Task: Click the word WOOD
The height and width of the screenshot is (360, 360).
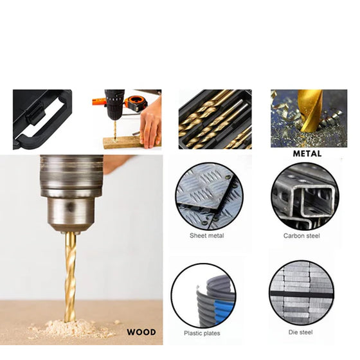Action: [x=141, y=332]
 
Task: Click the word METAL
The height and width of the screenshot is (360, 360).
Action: [x=307, y=154]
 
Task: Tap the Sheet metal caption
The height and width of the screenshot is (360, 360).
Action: [x=206, y=235]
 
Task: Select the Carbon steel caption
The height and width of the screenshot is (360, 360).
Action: [x=301, y=236]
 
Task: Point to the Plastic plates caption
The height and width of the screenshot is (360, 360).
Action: [x=202, y=333]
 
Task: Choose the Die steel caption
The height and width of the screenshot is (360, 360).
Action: [x=301, y=332]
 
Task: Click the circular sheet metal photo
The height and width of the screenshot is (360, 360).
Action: [x=209, y=196]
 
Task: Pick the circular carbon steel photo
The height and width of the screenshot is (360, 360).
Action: [x=305, y=196]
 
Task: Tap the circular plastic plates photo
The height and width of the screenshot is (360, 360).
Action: [x=203, y=296]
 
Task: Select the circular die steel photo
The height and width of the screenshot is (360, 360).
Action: [x=301, y=292]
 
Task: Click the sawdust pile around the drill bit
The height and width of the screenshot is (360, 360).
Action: [x=71, y=328]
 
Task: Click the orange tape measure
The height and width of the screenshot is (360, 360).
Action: [x=136, y=103]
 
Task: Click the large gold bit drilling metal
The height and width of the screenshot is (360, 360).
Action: [x=310, y=111]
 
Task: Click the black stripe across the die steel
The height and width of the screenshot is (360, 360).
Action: [x=301, y=294]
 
